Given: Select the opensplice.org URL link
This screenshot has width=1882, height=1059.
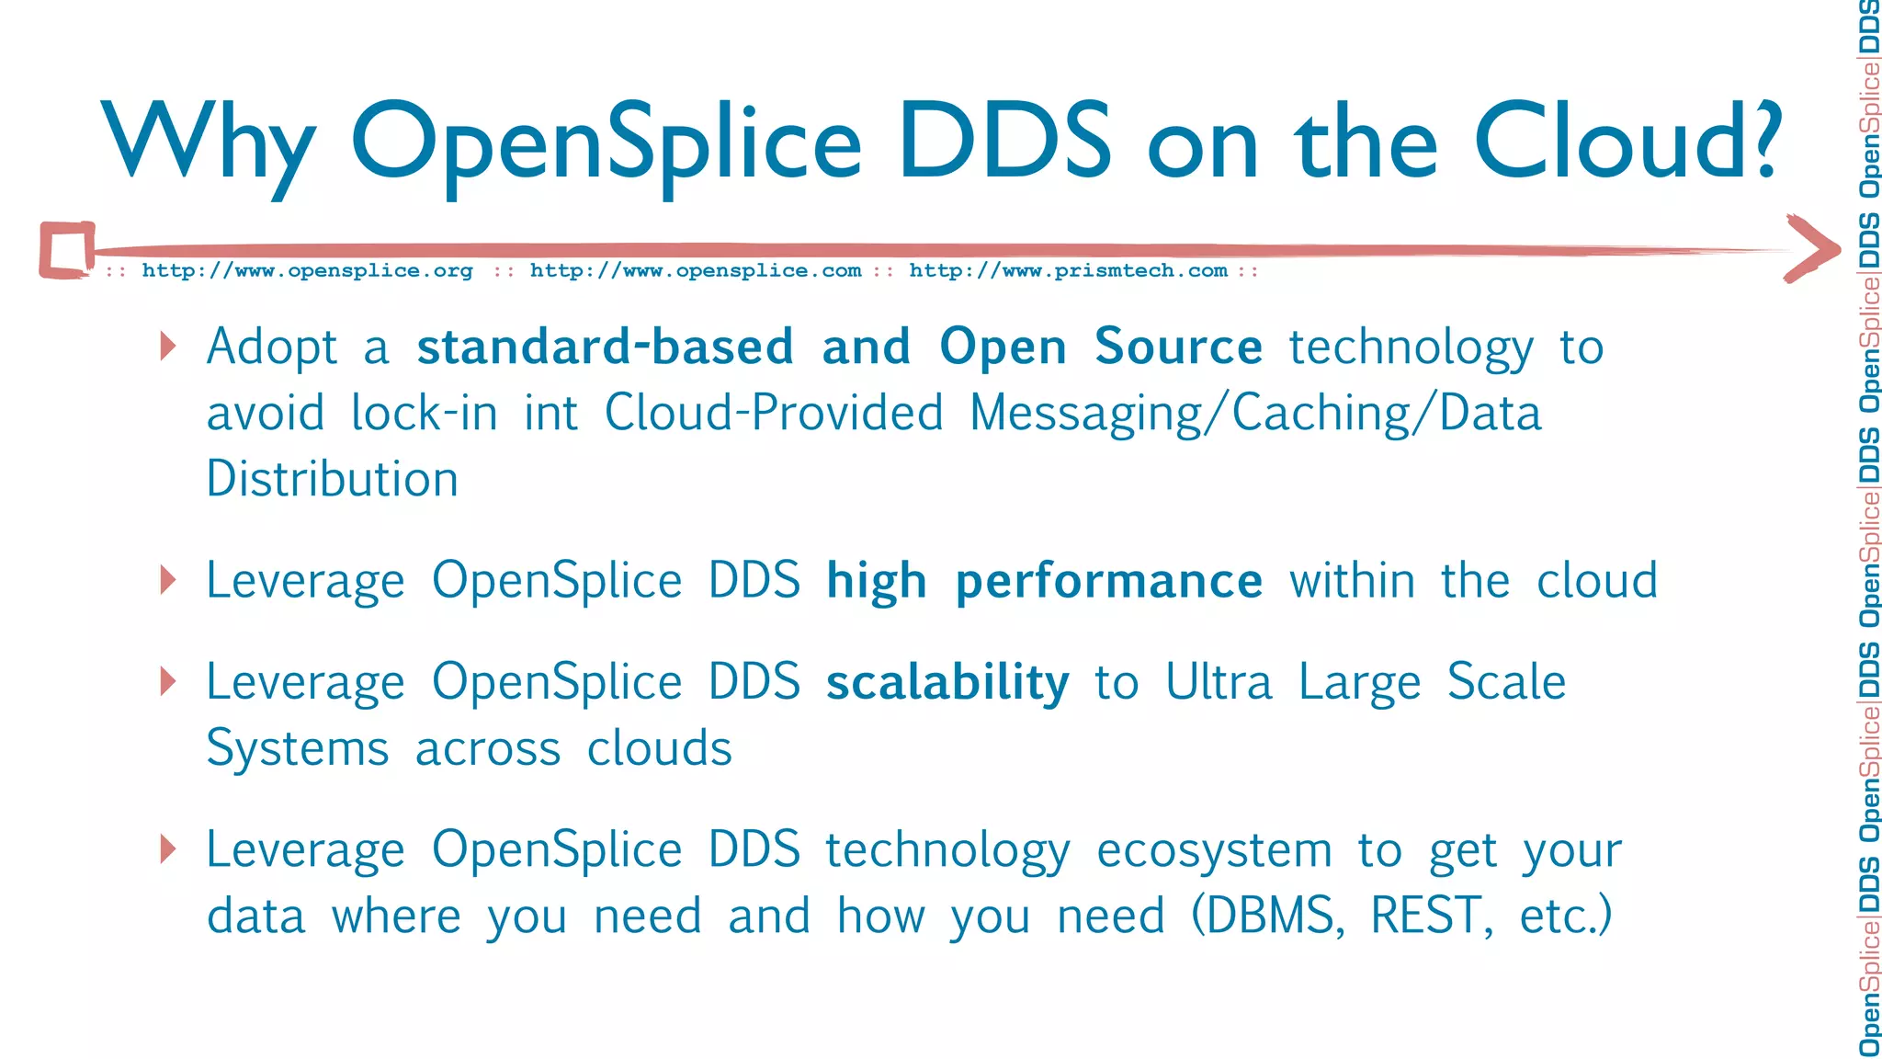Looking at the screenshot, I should tap(307, 270).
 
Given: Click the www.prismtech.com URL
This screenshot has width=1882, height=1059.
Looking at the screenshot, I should tap(1068, 270).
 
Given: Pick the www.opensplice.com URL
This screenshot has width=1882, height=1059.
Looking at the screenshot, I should tap(695, 270).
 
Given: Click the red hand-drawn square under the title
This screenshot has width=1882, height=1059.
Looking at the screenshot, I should tap(67, 249).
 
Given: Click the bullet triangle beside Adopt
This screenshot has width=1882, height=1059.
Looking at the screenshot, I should tap(167, 347).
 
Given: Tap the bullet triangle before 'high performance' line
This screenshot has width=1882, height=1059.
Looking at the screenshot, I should tap(167, 580).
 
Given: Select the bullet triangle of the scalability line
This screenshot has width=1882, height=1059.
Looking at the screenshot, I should tap(167, 681).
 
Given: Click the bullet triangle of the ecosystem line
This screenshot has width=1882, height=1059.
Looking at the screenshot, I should tap(167, 848).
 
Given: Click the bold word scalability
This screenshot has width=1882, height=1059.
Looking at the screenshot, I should tap(947, 682).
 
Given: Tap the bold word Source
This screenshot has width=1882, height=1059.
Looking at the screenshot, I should tap(1178, 347).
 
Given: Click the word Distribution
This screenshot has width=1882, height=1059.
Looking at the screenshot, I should tap(332, 479).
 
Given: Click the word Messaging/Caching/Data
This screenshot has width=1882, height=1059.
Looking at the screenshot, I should tap(1255, 414).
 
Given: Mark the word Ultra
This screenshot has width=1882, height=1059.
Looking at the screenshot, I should tap(1219, 682).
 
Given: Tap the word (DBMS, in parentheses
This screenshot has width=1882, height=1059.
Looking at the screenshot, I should tap(1268, 916).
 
